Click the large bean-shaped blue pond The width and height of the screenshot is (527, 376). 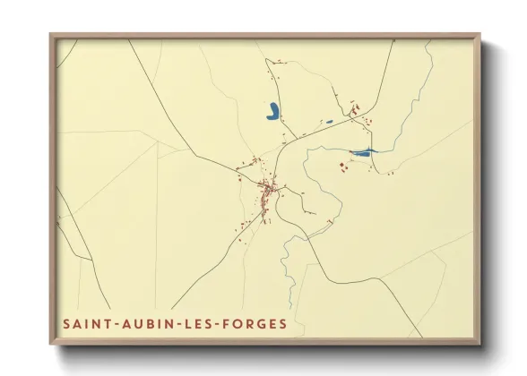click(x=272, y=112)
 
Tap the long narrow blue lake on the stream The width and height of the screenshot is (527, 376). click(x=363, y=152)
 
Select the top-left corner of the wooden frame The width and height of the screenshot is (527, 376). click(x=51, y=35)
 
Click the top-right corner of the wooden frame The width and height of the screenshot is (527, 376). click(x=479, y=35)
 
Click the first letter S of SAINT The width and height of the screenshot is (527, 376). click(x=66, y=322)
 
